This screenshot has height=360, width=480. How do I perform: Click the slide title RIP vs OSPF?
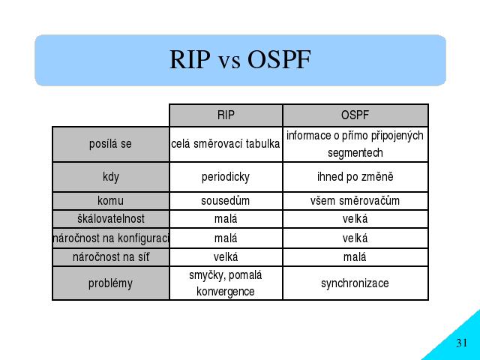[x=240, y=59]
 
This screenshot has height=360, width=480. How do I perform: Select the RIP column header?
[x=226, y=115]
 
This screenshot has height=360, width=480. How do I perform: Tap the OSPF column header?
[x=355, y=115]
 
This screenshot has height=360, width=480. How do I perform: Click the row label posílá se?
[x=110, y=144]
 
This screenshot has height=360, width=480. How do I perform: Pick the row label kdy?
[x=111, y=177]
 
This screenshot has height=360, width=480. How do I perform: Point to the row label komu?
[x=110, y=201]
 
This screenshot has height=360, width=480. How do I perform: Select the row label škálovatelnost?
[x=111, y=218]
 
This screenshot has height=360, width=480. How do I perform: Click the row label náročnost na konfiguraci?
[x=111, y=238]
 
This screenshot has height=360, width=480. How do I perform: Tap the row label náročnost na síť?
[x=111, y=256]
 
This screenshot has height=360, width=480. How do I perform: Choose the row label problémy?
[x=110, y=283]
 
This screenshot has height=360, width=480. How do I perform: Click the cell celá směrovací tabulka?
[x=226, y=144]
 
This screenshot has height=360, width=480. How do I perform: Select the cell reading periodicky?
[x=226, y=177]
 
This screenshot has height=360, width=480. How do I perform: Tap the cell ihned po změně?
[x=355, y=177]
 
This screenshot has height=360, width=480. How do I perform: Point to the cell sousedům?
[x=226, y=201]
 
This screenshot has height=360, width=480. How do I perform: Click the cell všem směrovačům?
[x=355, y=201]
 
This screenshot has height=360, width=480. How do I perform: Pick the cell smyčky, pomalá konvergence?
[x=226, y=283]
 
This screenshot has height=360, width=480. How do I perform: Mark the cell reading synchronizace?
[x=355, y=283]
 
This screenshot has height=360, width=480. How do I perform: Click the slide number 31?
[x=462, y=343]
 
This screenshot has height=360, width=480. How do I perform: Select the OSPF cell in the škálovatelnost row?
[x=355, y=218]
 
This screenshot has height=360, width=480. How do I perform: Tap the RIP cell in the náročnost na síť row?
[x=226, y=256]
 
